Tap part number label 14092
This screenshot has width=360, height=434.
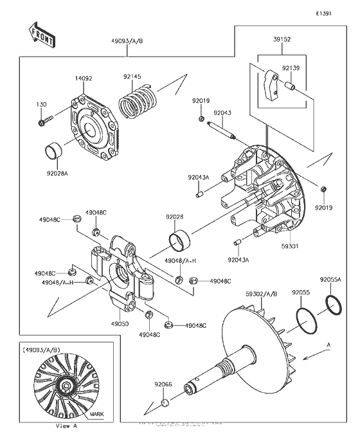tap(84, 78)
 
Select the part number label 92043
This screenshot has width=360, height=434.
tap(222, 112)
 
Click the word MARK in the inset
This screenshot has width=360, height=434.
tap(96, 414)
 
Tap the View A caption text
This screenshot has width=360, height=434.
tap(66, 426)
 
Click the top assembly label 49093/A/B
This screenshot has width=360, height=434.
tap(127, 40)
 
